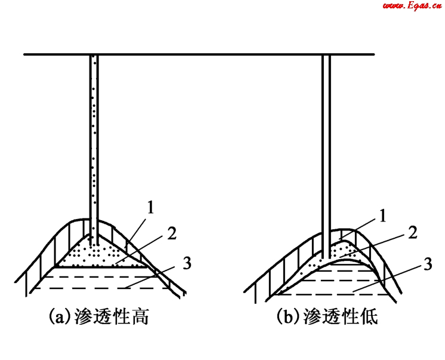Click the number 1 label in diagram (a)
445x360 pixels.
[151, 208]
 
